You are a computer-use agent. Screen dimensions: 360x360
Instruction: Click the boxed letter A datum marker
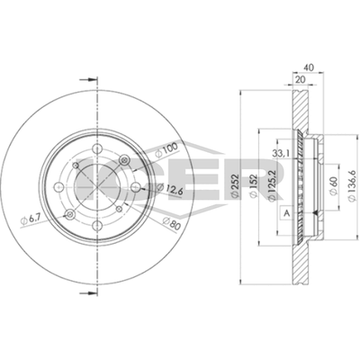tap(286, 211)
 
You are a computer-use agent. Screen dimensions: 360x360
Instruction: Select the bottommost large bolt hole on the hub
tap(95, 225)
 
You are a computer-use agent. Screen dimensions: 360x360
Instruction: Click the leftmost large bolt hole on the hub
tap(57, 186)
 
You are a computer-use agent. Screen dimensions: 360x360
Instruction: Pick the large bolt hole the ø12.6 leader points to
tap(133, 187)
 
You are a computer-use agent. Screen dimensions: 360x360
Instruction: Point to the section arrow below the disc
tap(87, 293)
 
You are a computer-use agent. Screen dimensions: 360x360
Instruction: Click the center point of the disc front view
tap(95, 187)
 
